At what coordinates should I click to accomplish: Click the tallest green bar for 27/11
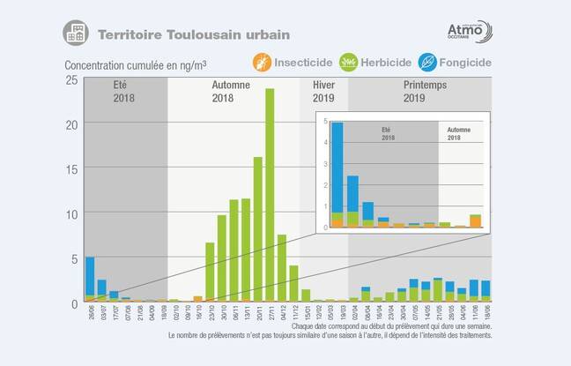[x=270, y=194]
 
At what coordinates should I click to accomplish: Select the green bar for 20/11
[x=258, y=229]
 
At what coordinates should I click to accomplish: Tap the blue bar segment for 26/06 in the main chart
[x=90, y=276]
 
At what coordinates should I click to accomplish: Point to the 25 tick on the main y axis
[x=73, y=80]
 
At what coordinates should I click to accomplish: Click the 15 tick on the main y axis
[x=73, y=169]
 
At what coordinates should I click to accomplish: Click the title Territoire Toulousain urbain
[x=193, y=35]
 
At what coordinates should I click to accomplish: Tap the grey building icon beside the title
[x=76, y=34]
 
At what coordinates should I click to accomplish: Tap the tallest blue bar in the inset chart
[x=337, y=168]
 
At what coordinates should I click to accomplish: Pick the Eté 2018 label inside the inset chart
[x=388, y=134]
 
